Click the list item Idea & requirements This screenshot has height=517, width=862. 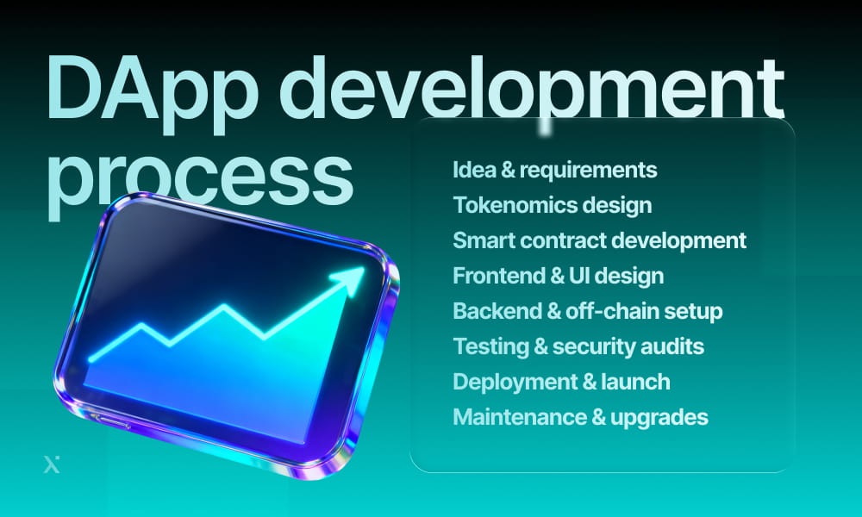tap(554, 170)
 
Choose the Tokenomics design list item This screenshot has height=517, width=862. tap(552, 205)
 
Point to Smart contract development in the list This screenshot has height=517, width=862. tap(599, 240)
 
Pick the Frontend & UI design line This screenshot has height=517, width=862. tap(558, 276)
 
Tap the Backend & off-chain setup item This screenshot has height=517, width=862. tap(587, 311)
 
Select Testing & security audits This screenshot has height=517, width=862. tap(578, 346)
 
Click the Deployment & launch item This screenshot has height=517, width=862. tap(561, 382)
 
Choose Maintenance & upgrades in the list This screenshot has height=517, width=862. tap(580, 417)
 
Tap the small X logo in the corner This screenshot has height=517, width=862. tap(51, 465)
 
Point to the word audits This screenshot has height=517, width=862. tap(675, 346)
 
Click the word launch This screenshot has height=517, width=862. tap(637, 382)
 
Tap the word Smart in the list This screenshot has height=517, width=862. tap(478, 240)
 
